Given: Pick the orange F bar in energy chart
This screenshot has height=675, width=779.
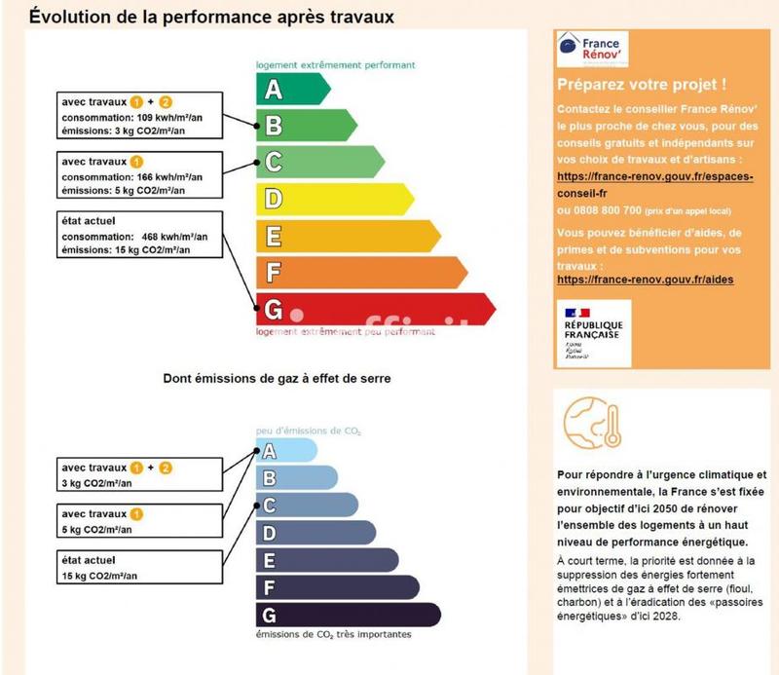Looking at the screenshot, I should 360,273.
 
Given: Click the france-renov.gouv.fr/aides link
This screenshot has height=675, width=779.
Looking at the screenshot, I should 645,280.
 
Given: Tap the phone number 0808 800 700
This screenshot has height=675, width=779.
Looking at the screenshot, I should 599,210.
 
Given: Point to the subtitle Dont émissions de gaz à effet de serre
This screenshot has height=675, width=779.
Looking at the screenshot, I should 276,378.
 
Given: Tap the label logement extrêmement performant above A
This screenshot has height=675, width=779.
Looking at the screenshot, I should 335,65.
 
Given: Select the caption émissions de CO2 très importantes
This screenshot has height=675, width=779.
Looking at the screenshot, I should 333,635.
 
